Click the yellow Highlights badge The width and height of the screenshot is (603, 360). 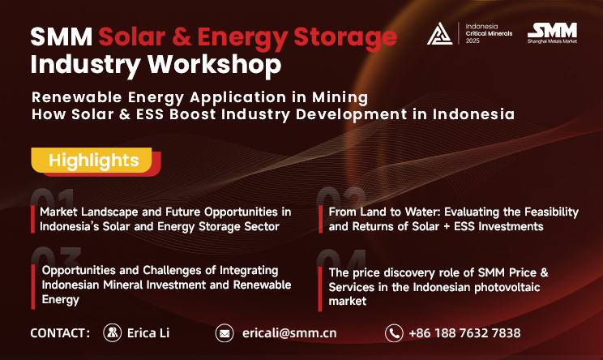click(x=92, y=160)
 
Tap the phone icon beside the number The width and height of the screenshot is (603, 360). click(x=394, y=333)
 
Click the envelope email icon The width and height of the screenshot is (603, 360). click(x=225, y=333)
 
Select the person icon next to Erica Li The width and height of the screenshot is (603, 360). click(x=113, y=332)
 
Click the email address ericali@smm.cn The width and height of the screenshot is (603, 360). click(x=289, y=333)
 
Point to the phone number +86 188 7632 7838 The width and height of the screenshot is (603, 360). click(x=464, y=333)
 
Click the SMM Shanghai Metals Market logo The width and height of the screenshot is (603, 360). click(x=552, y=33)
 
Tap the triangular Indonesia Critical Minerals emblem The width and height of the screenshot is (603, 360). click(x=439, y=34)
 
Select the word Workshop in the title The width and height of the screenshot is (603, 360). click(x=215, y=65)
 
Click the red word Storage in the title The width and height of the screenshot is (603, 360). click(x=345, y=37)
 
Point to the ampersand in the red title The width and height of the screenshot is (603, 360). click(x=182, y=37)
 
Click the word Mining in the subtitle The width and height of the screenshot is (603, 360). click(x=340, y=97)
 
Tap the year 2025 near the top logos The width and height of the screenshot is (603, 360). click(x=473, y=41)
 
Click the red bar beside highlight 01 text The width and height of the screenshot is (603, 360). click(x=33, y=219)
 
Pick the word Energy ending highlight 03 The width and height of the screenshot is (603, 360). click(x=61, y=300)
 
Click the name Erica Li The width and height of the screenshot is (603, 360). click(x=148, y=333)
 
